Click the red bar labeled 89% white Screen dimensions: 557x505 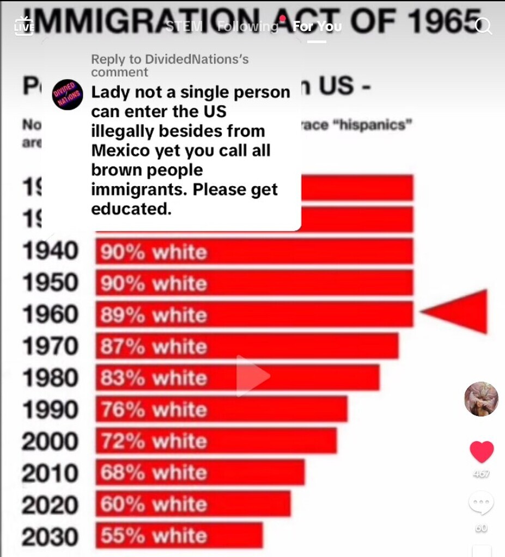coord(254,314)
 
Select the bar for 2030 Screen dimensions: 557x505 coord(180,535)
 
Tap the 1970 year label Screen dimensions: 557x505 coord(50,346)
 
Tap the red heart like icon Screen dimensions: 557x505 coord(482,452)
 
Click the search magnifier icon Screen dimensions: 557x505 coord(484,26)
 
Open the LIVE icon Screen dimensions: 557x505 coord(23,26)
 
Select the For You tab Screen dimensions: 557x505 coord(317,26)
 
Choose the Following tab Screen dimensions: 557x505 coord(248,26)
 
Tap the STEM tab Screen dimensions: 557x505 coord(184,26)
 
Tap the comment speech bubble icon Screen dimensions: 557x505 coord(482,503)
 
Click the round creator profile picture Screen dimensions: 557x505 coord(481,399)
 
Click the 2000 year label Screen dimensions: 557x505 coord(50,441)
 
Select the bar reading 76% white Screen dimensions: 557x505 coord(221,409)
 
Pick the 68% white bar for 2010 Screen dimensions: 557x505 coord(200,472)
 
